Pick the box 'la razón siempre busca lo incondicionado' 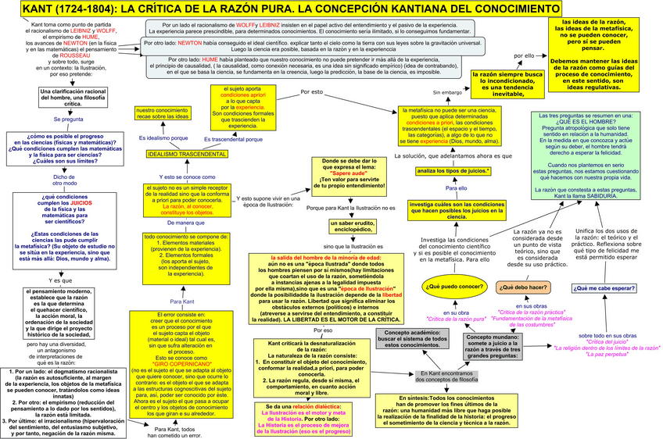(508, 84)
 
